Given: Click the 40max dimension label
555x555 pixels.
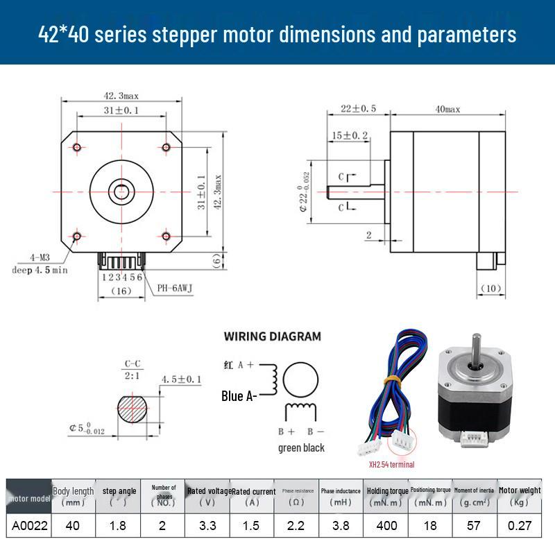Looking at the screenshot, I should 447,110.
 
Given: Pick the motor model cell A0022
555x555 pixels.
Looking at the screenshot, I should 30,525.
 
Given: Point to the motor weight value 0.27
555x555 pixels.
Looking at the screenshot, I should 519,525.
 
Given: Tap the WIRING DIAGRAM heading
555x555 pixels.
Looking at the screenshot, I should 272,336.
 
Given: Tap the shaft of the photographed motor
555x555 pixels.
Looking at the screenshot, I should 477,347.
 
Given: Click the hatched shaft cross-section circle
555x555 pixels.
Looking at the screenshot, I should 133,410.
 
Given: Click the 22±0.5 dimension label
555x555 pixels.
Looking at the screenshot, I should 358,109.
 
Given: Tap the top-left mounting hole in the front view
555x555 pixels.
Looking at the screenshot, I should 77,146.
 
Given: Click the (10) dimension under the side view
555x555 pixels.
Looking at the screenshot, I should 490,288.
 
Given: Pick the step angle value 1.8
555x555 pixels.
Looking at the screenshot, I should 118,525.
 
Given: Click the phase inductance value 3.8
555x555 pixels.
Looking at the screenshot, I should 341,525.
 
